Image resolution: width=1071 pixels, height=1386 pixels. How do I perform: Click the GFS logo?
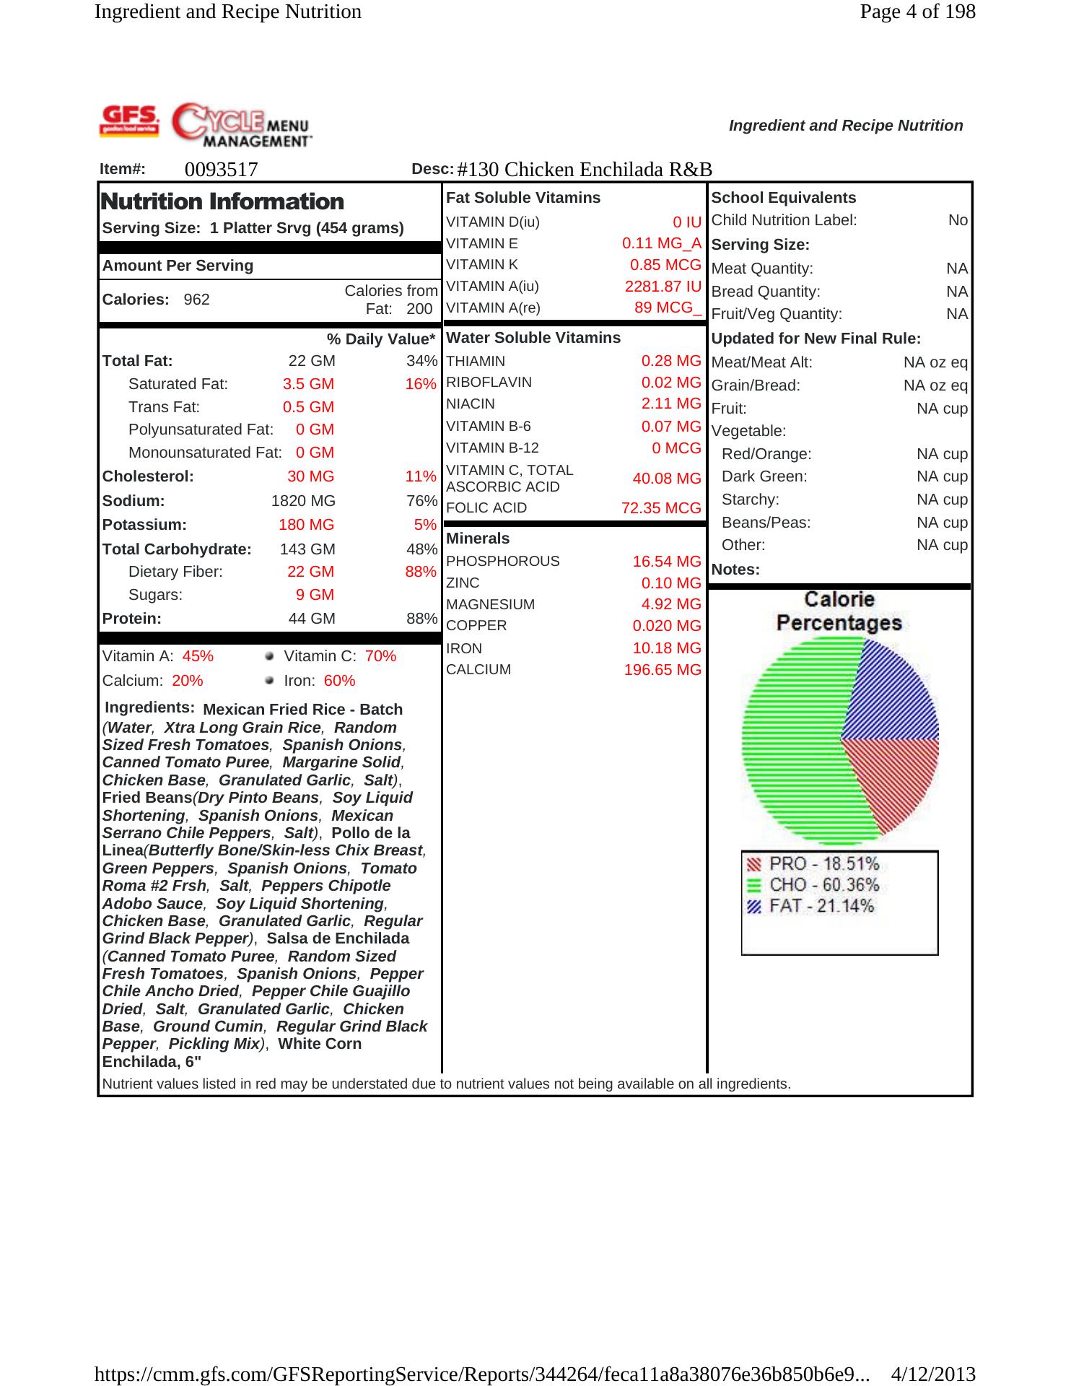pos(129,121)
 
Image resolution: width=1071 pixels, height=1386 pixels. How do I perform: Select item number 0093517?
pos(221,170)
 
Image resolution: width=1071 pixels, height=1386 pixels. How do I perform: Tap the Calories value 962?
pos(196,300)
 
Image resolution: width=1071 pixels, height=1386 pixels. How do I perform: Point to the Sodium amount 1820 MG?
pos(303,501)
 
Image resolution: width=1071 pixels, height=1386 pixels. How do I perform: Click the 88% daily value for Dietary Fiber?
pos(421,572)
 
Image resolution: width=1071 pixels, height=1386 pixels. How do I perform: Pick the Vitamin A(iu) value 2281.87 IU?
pos(663,287)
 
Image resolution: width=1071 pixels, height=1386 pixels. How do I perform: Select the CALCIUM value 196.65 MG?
pos(663,670)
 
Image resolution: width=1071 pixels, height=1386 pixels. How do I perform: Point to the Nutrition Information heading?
pos(223,201)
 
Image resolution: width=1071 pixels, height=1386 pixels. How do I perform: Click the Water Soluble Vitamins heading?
pos(533,338)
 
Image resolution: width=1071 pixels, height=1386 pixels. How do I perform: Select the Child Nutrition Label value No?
pos(958,220)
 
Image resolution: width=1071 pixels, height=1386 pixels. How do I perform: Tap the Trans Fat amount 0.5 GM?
pos(308,407)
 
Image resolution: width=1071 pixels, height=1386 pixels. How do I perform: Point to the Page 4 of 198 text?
pos(917,12)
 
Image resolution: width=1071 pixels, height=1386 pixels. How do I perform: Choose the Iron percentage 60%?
pos(339,681)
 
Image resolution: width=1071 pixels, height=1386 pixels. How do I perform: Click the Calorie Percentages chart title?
pos(839,611)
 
